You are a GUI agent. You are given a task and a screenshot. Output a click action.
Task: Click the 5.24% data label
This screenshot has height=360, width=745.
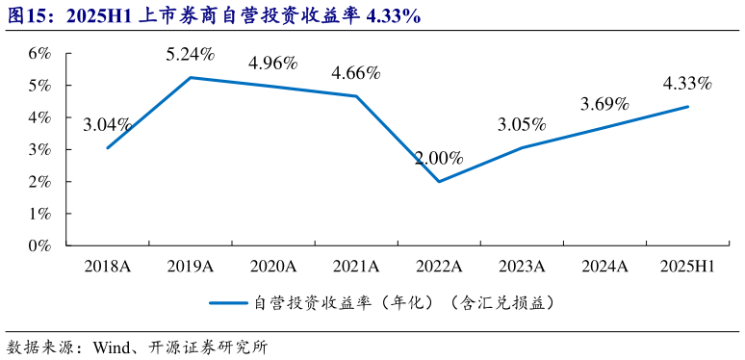coord(191,55)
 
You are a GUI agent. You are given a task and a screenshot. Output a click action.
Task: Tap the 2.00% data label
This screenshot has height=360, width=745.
coord(439,158)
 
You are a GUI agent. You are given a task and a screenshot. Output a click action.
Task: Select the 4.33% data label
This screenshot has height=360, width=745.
coord(687,84)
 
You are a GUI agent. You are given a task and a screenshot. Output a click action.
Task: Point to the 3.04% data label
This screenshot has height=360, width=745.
coord(108,124)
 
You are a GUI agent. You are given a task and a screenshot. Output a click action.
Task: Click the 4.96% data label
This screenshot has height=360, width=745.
coord(273,64)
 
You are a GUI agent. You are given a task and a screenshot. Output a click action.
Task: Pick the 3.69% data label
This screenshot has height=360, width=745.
coord(604,104)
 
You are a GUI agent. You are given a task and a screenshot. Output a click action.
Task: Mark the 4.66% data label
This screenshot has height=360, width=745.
coord(356,72)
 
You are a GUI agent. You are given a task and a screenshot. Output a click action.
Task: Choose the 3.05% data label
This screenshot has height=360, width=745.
coord(522,124)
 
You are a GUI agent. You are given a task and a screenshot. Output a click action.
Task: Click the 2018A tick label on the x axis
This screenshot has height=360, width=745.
coord(108,265)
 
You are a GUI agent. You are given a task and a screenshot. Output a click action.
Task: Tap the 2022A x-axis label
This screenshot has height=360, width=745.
coord(439,265)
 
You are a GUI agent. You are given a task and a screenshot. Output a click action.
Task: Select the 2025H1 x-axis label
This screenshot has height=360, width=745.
coord(687,265)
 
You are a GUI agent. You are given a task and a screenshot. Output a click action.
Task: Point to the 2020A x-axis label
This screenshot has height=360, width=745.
coord(273,265)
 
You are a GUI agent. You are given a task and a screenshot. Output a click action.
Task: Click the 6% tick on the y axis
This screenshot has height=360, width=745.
coord(39,53)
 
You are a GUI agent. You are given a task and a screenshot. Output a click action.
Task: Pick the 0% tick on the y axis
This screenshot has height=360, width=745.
coord(39,245)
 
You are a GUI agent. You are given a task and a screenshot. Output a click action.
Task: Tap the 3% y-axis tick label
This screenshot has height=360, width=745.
coord(39,149)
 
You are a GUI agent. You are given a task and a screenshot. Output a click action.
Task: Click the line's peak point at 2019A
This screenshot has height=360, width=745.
coord(191,77)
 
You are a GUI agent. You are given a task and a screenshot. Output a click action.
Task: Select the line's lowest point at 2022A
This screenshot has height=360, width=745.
coord(439,181)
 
